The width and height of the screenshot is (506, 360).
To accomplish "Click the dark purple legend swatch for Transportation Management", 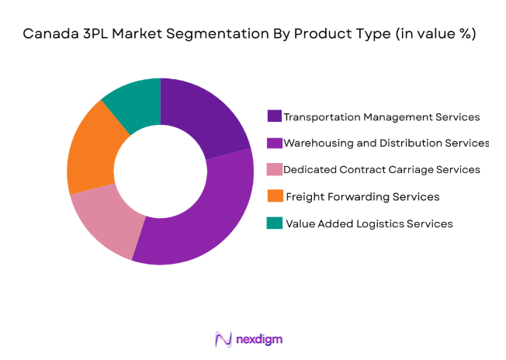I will click(x=274, y=116).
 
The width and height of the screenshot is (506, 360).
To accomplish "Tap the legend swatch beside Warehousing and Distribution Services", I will click(x=274, y=143).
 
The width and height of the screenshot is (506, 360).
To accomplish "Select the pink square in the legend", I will click(x=274, y=169).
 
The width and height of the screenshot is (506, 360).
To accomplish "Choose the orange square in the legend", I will click(x=274, y=196).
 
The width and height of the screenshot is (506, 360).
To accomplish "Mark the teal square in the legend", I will click(x=274, y=223).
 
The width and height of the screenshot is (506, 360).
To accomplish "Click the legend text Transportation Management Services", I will click(x=382, y=117).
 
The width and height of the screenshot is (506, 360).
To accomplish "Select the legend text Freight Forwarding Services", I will click(x=362, y=197).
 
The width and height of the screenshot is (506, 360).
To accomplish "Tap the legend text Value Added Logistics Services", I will click(x=369, y=223).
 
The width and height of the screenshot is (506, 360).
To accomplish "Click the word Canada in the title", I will click(x=50, y=34).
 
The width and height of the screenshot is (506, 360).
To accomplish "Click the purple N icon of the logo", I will click(x=224, y=339).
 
